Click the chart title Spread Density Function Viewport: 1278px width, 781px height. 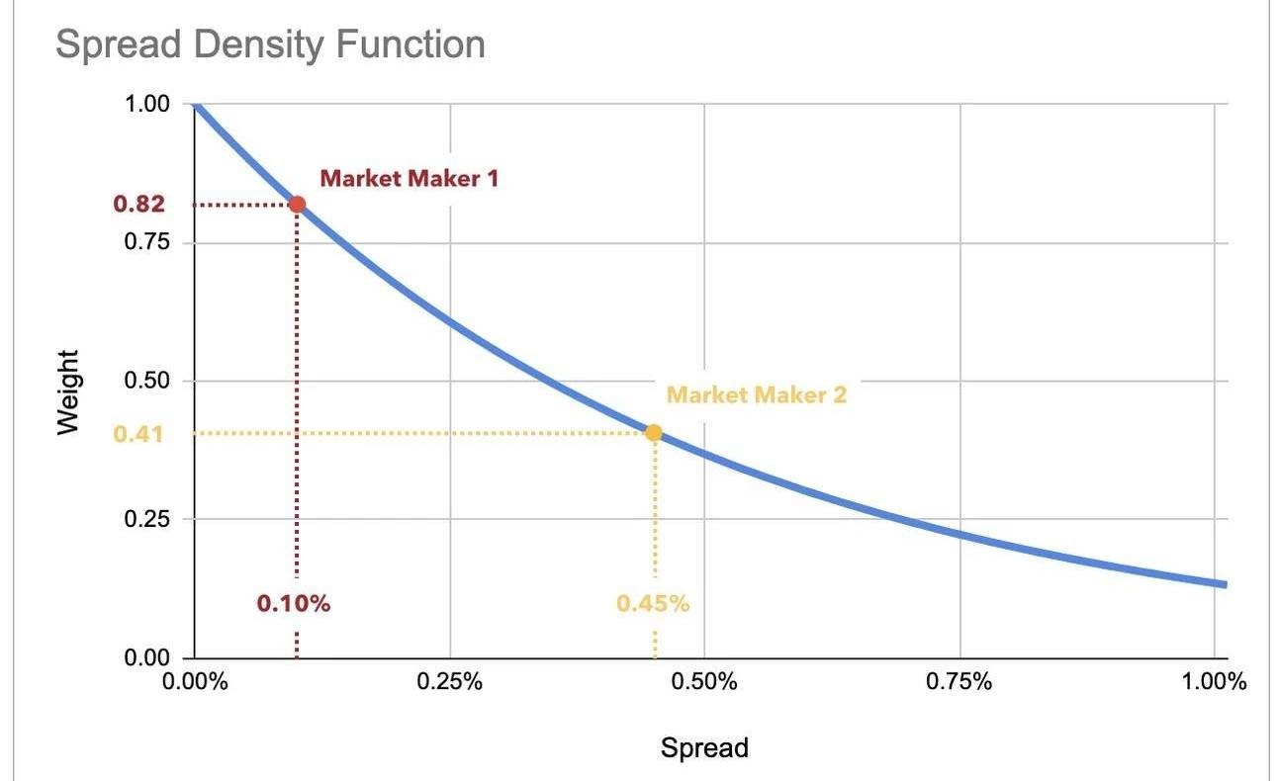pos(270,43)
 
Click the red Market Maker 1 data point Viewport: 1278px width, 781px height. pos(297,205)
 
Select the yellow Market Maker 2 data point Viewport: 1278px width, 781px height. pos(653,432)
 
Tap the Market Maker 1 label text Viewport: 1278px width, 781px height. pos(410,179)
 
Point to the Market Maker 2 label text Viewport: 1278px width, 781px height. pos(757,394)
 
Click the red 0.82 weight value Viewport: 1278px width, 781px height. pos(138,205)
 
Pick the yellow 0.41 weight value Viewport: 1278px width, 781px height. pos(138,433)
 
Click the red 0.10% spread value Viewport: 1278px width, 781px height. pos(294,603)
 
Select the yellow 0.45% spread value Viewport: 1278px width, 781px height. pos(653,603)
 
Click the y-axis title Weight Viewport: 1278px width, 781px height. pos(67,391)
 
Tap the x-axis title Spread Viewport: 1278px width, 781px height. pos(704,748)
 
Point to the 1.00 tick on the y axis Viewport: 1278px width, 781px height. pos(148,104)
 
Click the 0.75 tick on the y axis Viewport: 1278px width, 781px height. pos(148,242)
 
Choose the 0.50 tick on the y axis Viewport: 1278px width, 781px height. pos(148,381)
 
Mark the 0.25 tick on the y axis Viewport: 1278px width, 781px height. pos(148,519)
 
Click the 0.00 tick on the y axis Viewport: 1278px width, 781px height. pos(148,657)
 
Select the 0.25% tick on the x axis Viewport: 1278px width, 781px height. pos(449,683)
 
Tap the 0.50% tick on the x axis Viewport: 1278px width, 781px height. pos(703,683)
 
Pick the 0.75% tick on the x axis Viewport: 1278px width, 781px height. pos(958,683)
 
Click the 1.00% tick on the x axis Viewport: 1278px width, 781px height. pos(1213,683)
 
